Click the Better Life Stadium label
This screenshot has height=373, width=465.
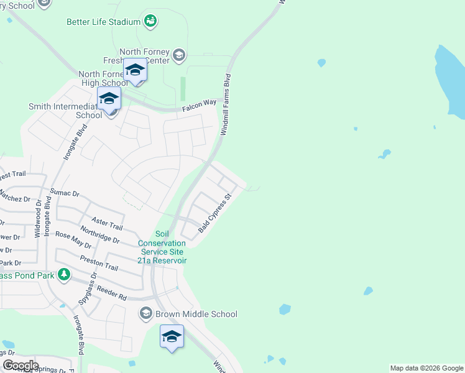coord(103,22)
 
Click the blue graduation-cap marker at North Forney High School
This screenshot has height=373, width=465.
coord(134,70)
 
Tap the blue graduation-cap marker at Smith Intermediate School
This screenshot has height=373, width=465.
coord(109,99)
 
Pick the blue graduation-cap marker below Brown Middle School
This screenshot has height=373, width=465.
coord(172,337)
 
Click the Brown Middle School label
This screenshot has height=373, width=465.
coord(196,314)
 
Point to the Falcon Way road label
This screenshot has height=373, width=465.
coord(198,108)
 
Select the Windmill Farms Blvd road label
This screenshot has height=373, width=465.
coord(226,106)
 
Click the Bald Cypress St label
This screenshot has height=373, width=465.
coord(215,213)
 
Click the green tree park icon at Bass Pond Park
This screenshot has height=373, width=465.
coord(63,274)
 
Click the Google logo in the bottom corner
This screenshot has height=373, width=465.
coord(21,366)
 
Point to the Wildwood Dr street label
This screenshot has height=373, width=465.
coord(37,218)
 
